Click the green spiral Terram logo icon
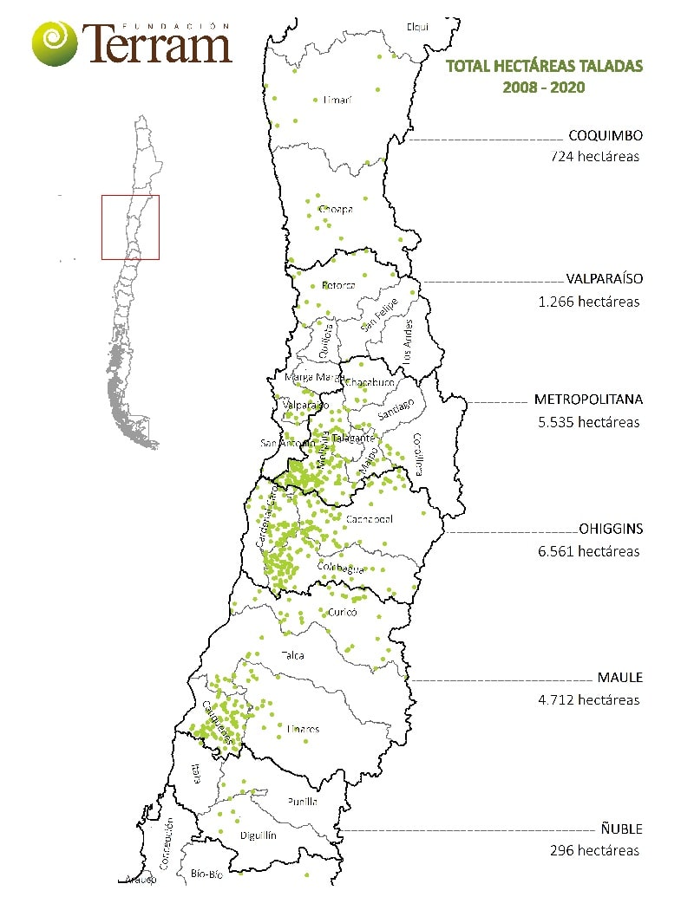(x=54, y=42)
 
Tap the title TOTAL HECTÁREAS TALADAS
(x=544, y=66)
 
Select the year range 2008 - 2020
(x=544, y=88)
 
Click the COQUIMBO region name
(x=605, y=136)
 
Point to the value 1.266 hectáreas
(x=588, y=302)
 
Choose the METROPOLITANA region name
(x=588, y=400)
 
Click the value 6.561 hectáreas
(x=588, y=550)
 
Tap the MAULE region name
(x=619, y=678)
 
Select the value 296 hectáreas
(x=594, y=850)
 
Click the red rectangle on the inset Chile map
(x=130, y=227)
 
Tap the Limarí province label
(x=337, y=100)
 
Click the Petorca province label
(x=338, y=285)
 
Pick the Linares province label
(x=303, y=729)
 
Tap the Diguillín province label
(x=258, y=835)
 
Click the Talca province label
(x=293, y=655)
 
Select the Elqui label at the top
(x=417, y=27)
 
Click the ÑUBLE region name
(x=619, y=829)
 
